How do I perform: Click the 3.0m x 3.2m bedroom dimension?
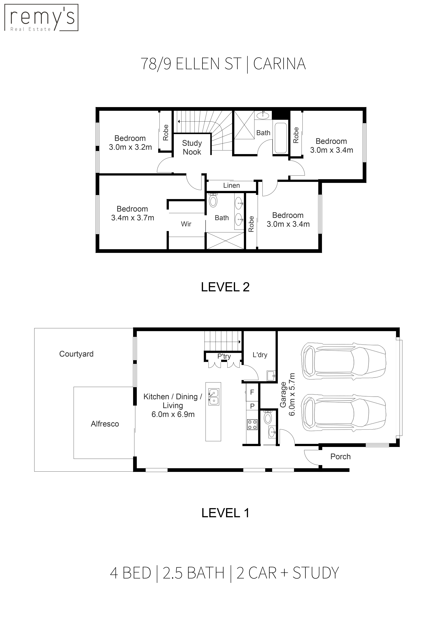(130, 147)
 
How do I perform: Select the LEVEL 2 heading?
(225, 287)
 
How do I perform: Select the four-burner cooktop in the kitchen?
(252, 425)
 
